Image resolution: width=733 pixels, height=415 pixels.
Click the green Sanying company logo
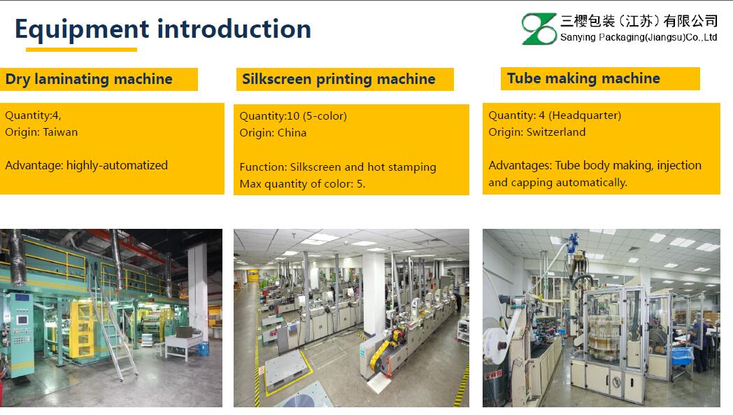(x=539, y=29)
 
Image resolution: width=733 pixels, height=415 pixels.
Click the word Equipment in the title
(x=82, y=29)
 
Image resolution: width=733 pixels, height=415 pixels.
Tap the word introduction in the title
(x=234, y=29)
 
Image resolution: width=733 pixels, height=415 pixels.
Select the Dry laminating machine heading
(x=89, y=79)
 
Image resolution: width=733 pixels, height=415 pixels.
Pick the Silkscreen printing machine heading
(x=339, y=79)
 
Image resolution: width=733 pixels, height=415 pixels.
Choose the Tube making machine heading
(x=583, y=78)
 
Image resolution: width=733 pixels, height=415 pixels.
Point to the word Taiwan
(x=60, y=132)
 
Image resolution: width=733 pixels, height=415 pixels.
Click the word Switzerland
(x=556, y=132)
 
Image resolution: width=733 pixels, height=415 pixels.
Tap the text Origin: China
(x=273, y=133)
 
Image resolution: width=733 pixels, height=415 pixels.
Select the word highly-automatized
(x=117, y=166)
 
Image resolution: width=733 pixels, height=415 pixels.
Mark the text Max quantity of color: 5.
(x=302, y=184)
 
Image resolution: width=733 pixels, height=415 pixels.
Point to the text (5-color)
(x=325, y=116)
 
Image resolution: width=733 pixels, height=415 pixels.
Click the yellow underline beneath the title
(x=81, y=49)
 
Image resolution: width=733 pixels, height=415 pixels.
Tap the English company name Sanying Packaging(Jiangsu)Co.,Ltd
(x=639, y=37)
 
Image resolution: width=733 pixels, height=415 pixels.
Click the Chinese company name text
(x=639, y=21)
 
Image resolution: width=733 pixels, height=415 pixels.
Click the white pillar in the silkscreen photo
(x=373, y=294)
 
